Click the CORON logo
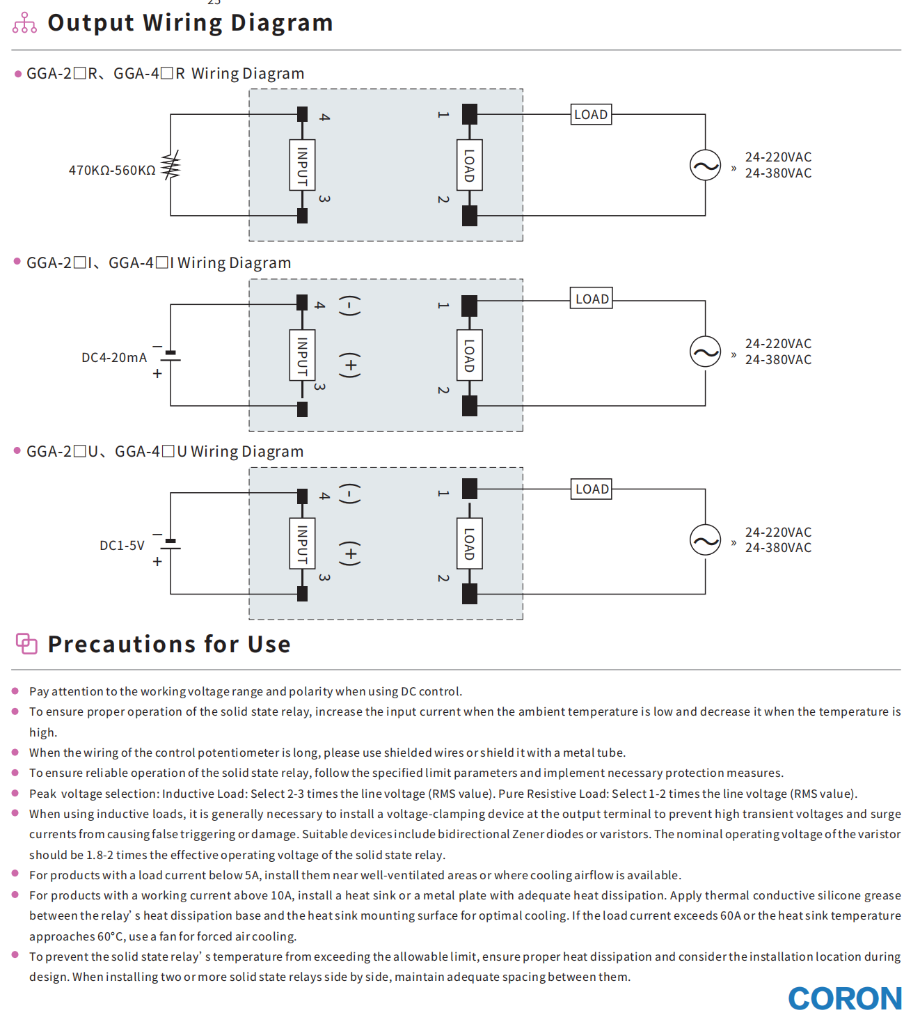point(844,998)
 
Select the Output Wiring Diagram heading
point(190,23)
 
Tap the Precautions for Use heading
point(169,644)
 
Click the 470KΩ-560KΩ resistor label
point(112,170)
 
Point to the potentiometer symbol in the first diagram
point(171,166)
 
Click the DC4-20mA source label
point(114,357)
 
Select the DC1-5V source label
point(122,545)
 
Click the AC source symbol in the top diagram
point(705,166)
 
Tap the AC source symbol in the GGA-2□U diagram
point(705,540)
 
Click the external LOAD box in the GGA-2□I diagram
point(592,299)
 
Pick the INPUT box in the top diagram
point(302,165)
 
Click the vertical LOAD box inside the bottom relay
point(470,544)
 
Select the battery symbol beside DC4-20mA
point(171,356)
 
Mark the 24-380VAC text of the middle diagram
point(778,360)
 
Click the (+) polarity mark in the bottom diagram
point(350,554)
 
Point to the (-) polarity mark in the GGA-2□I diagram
point(350,305)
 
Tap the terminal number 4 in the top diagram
point(324,117)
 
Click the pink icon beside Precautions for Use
point(26,643)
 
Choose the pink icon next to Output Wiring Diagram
point(24,23)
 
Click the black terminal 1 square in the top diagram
point(470,113)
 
